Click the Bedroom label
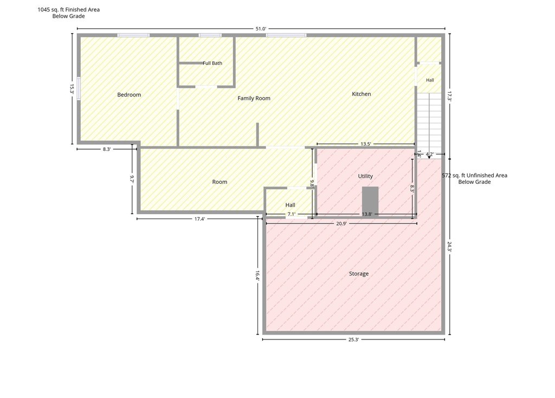click(x=129, y=94)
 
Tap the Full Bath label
click(x=212, y=63)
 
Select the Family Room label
click(x=254, y=98)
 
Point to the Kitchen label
click(x=362, y=94)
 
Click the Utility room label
click(x=365, y=176)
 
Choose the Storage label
click(x=359, y=274)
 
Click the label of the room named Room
click(x=220, y=182)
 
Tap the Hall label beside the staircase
click(x=430, y=80)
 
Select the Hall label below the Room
click(x=291, y=204)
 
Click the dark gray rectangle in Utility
click(x=370, y=201)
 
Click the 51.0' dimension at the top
click(x=261, y=29)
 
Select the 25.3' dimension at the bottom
click(x=353, y=339)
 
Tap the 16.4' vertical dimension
click(x=257, y=276)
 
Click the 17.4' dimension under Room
click(x=199, y=219)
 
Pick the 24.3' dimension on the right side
click(x=449, y=247)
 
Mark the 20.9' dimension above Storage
click(x=341, y=223)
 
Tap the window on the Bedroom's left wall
click(x=79, y=89)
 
